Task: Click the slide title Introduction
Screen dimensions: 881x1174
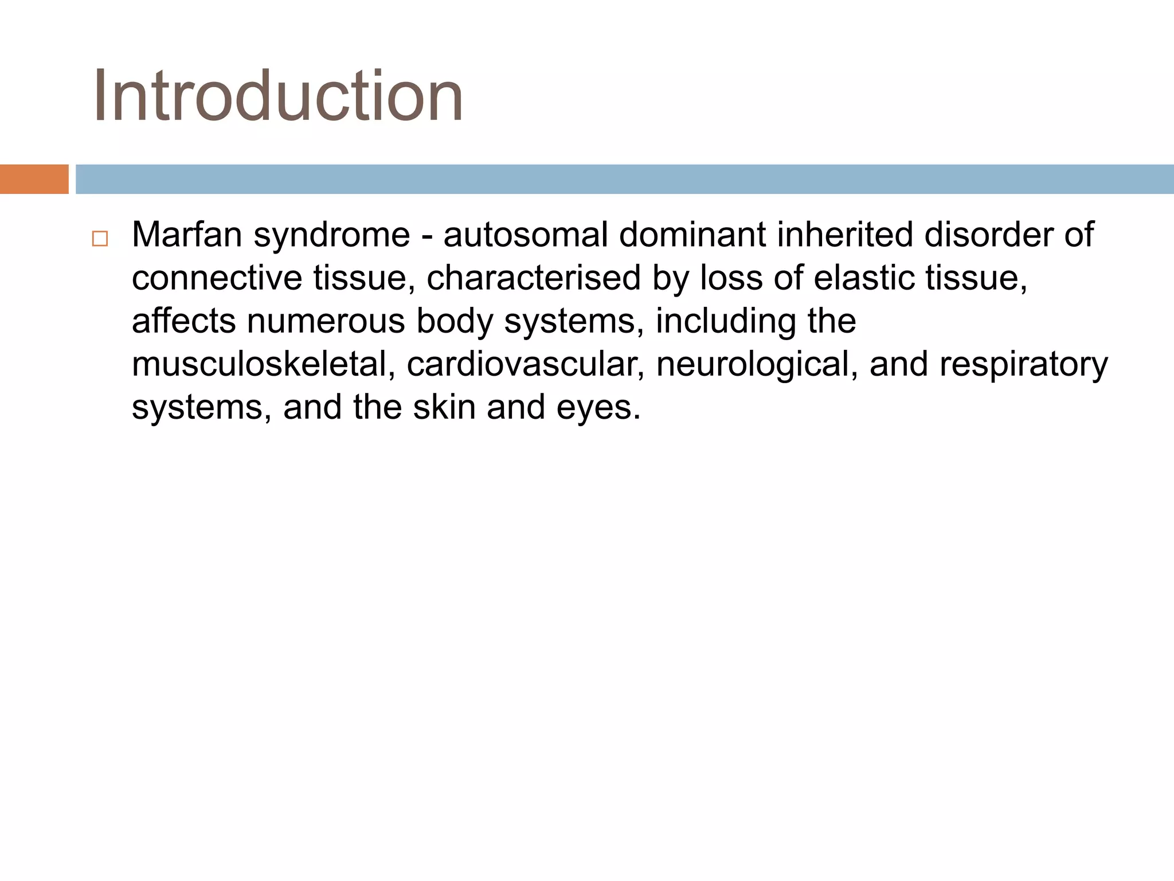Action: click(278, 96)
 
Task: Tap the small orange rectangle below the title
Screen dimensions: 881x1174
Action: click(34, 179)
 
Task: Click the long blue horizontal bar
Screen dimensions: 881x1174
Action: click(624, 179)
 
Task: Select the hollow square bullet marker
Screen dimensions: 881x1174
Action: click(100, 239)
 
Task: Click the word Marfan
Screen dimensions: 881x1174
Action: click(187, 235)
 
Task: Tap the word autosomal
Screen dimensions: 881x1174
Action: click(525, 235)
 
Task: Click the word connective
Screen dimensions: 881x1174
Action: click(217, 278)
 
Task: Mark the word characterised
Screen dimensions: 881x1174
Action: click(533, 278)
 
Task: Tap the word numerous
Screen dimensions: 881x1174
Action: click(325, 321)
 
